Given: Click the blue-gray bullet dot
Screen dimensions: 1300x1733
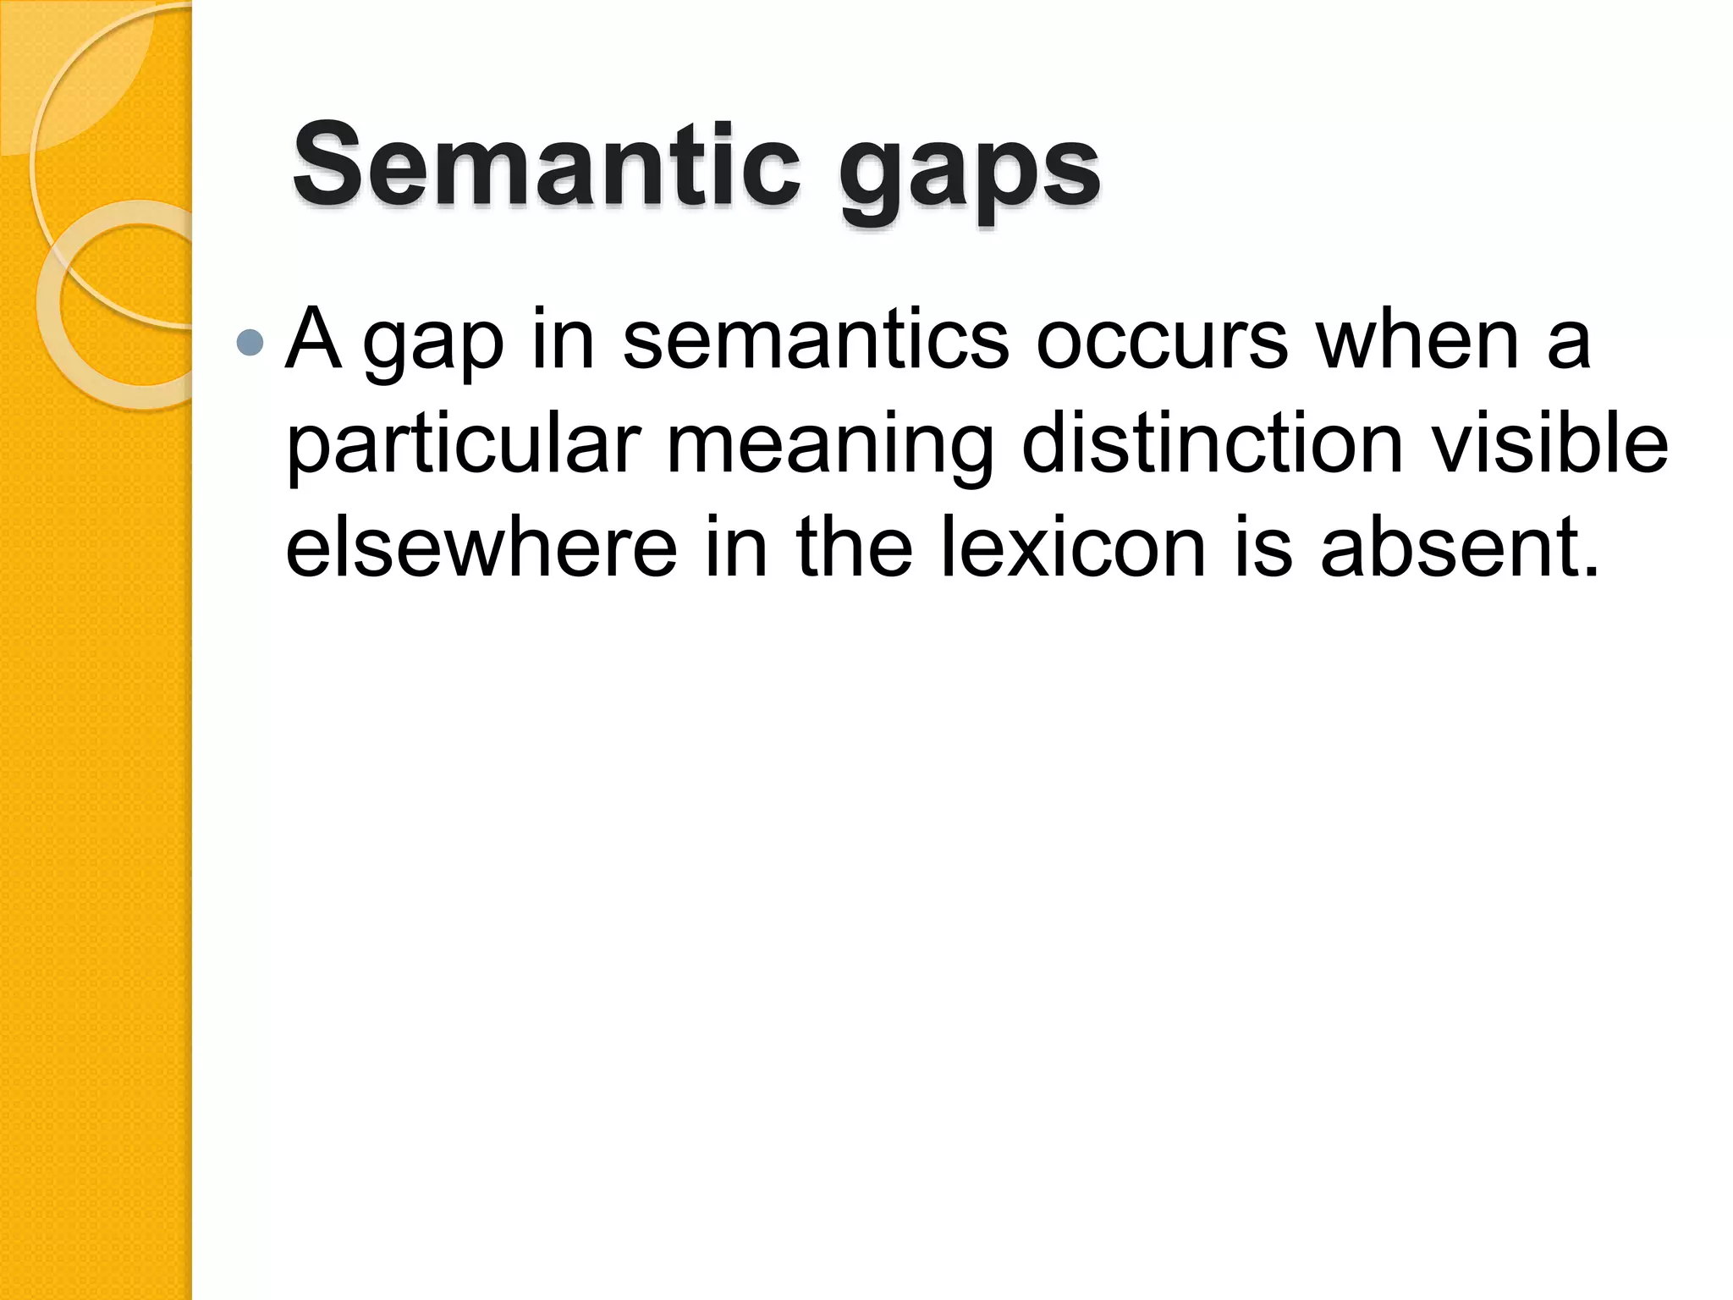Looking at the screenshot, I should coord(250,342).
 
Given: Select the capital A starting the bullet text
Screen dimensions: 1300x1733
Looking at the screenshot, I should coord(314,339).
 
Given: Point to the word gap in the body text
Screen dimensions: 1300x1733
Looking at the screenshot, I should coord(433,347).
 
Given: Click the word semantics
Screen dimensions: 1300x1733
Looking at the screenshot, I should coord(816,340).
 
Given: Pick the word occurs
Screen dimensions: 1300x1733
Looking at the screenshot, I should coord(1162,340).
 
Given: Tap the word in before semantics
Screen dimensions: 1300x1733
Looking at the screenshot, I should coord(564,340).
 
